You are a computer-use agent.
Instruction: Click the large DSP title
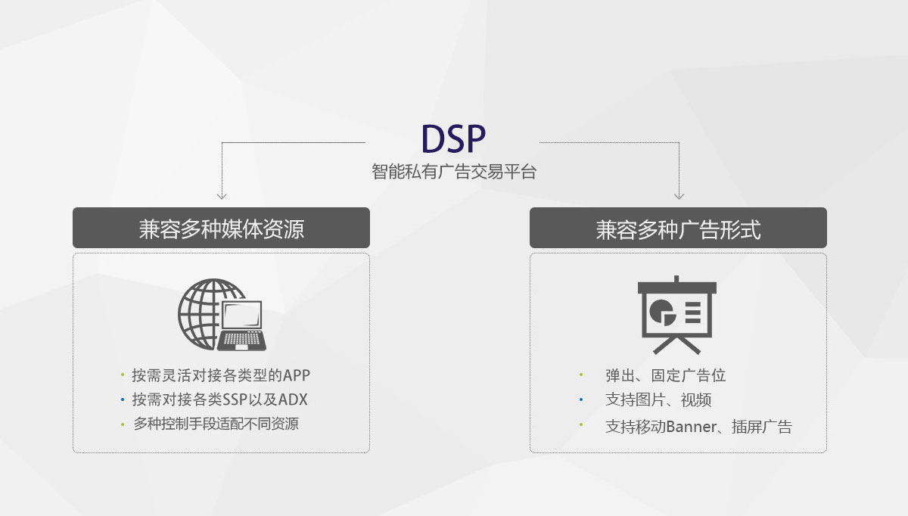[453, 138]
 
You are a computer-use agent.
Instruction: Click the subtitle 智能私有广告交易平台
[454, 172]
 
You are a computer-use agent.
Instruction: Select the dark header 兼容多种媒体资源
[221, 228]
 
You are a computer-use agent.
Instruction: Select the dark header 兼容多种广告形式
[678, 228]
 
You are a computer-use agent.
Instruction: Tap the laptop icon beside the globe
[242, 326]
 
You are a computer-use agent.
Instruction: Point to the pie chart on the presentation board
[664, 310]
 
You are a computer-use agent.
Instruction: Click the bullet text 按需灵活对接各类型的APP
[221, 375]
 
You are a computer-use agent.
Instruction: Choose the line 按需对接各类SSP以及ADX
[219, 399]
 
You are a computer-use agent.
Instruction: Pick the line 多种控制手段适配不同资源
[216, 424]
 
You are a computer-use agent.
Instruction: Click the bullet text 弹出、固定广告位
[665, 375]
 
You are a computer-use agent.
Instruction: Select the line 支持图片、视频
[658, 399]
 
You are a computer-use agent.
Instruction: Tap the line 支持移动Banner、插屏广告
[698, 427]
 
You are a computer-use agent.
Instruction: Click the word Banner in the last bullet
[690, 427]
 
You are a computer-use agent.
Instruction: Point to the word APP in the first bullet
[297, 375]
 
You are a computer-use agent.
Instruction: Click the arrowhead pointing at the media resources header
[222, 196]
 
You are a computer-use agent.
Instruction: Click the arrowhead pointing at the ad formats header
[679, 196]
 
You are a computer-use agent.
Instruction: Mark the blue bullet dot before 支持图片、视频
[580, 399]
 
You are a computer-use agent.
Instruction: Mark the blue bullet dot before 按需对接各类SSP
[122, 399]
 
